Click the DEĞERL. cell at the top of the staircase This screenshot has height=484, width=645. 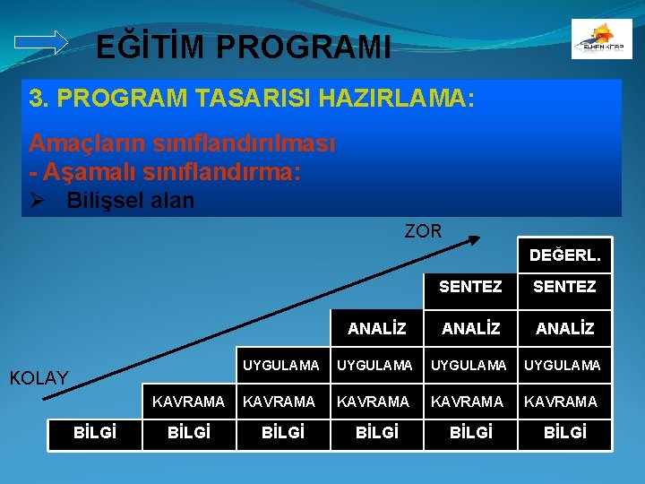(565, 255)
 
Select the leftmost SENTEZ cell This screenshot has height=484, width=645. (470, 287)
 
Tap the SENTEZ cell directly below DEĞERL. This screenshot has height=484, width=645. (565, 287)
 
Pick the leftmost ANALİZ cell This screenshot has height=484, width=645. (377, 329)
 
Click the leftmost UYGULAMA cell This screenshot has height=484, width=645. (281, 366)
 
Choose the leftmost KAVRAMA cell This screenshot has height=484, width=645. (188, 402)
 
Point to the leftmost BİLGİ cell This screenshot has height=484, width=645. (94, 434)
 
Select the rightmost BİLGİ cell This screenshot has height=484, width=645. (565, 434)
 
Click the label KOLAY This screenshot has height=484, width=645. (39, 378)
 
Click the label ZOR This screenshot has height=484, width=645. (423, 231)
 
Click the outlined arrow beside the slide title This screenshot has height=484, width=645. (42, 41)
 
